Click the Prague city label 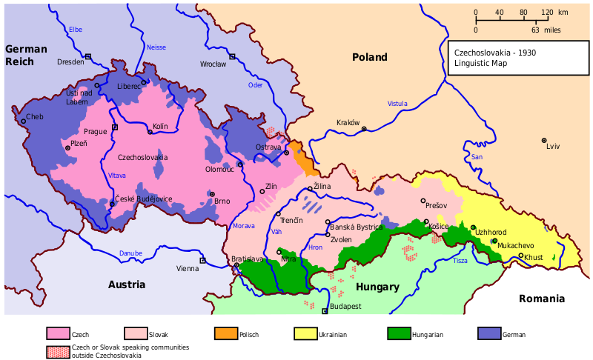96,131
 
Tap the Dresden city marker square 88,56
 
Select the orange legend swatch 226,333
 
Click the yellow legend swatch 305,333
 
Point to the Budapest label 345,306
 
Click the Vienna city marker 202,260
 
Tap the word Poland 369,57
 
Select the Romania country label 542,299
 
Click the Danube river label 130,253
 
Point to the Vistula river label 397,104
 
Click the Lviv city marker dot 544,140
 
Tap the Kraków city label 348,123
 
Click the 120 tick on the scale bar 547,13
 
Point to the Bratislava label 248,259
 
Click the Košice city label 439,226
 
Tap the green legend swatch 399,333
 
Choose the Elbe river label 75,30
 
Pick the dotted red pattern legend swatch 59,353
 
